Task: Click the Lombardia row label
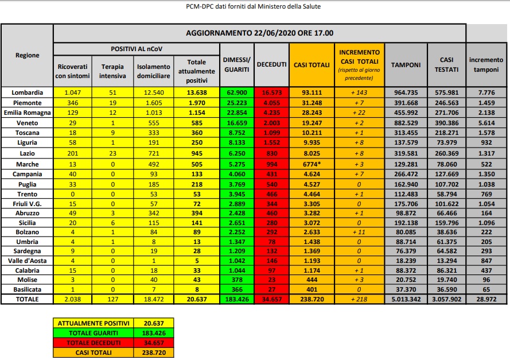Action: (28, 92)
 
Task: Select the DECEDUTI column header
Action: (271, 65)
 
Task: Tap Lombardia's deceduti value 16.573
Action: (271, 92)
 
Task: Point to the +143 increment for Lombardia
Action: (359, 92)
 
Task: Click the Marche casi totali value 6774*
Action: (307, 164)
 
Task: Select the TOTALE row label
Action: (28, 299)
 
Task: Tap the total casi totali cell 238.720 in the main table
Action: (307, 299)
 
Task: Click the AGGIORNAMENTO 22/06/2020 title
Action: (260, 33)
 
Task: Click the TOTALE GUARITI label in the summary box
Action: (92, 332)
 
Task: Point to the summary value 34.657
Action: (153, 343)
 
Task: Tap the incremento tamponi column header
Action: (486, 65)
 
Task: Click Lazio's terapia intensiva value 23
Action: (112, 153)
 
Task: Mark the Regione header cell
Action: (28, 55)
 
